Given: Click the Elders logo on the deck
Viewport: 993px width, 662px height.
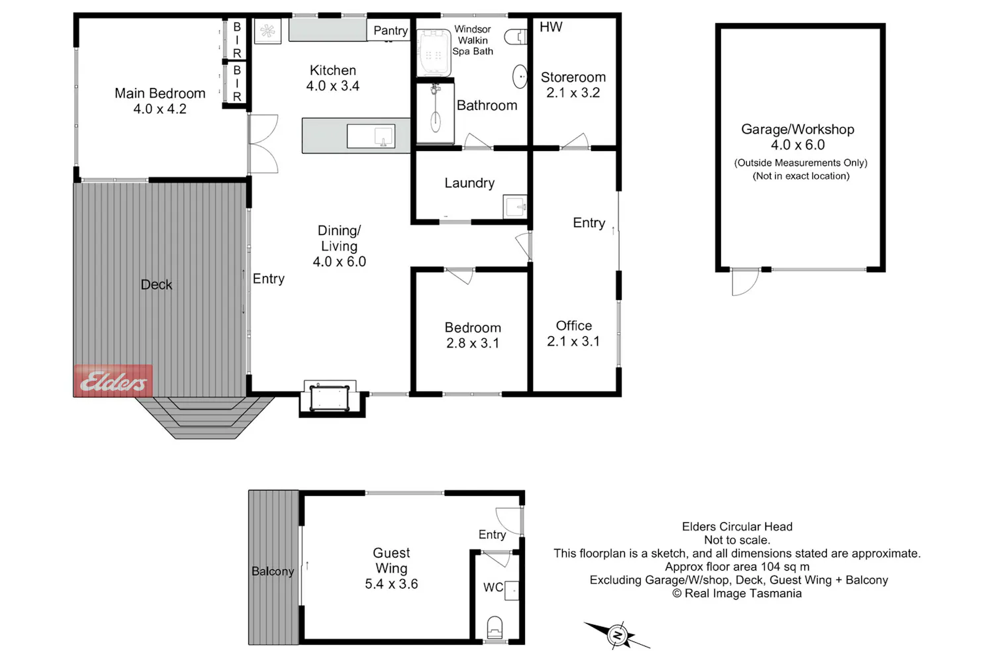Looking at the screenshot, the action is (113, 381).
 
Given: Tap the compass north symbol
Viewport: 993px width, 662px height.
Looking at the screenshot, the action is (616, 636).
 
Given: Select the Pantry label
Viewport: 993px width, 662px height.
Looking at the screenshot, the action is (391, 30).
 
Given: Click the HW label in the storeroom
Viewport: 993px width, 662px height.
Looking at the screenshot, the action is (551, 27).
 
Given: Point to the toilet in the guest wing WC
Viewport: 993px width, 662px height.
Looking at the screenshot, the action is (495, 627).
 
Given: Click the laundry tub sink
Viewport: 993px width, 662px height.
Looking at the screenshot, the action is (515, 207).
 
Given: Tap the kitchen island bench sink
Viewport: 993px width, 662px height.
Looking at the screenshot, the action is (371, 136).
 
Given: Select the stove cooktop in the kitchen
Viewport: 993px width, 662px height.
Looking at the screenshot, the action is (267, 31).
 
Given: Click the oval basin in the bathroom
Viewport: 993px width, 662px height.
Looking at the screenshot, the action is (520, 77).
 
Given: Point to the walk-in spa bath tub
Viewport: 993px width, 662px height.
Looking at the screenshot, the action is (434, 53).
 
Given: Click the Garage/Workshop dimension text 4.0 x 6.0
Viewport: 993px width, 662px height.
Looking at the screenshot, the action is (798, 145).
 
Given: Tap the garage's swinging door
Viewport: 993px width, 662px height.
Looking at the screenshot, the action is (745, 282).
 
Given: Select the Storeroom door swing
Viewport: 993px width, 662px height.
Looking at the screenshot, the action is (575, 142).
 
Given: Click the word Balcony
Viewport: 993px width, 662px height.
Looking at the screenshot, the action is (273, 571).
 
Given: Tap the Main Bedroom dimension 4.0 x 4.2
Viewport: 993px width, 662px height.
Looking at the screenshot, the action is (160, 109).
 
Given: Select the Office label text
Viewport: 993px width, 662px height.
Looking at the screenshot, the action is (574, 326).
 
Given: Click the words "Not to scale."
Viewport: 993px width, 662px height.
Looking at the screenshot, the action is (737, 540).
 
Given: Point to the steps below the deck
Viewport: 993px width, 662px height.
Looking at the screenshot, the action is (205, 418).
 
